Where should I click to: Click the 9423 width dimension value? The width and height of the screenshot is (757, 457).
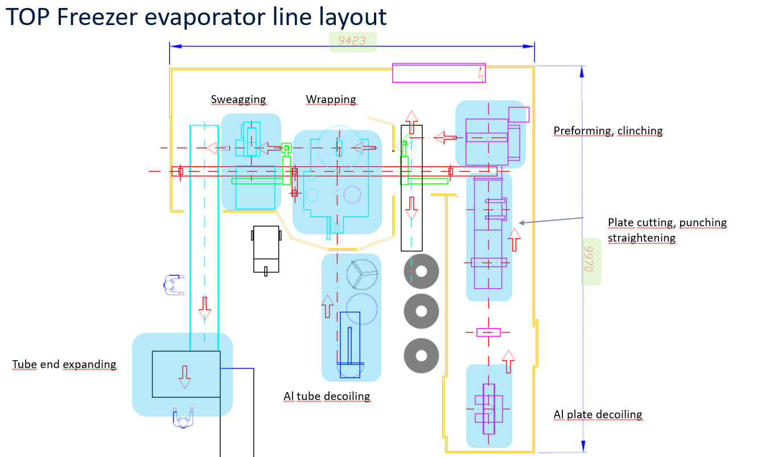352,41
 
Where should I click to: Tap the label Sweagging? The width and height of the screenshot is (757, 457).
238,100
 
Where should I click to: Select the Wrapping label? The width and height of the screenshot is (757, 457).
331,100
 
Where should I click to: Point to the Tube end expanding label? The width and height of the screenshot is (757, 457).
64,364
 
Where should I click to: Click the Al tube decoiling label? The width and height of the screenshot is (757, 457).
327,396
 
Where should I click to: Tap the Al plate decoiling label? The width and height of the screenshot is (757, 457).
598,414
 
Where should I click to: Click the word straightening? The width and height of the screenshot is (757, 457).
641,238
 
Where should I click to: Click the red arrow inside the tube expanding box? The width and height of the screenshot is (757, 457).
184,377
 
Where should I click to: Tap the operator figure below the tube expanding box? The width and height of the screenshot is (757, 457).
183,418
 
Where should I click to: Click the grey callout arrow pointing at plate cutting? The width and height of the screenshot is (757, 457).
551,221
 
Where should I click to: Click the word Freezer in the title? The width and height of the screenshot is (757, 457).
97,17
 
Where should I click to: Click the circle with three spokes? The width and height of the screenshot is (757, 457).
362,274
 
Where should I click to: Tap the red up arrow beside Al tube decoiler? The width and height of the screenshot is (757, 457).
327,306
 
